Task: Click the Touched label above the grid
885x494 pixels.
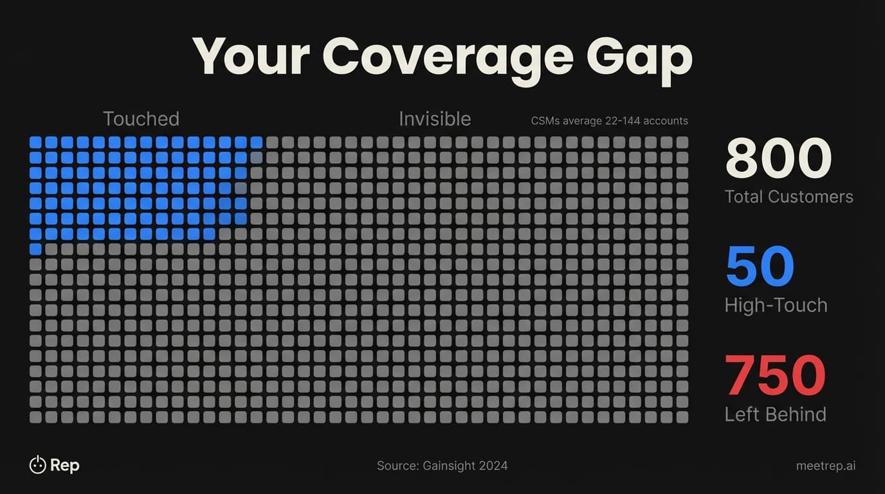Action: click(x=141, y=119)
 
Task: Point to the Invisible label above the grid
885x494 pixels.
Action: click(x=435, y=119)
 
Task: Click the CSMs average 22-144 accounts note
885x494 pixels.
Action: click(x=609, y=121)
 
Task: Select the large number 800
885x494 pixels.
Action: click(x=778, y=158)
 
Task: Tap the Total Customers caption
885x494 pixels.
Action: click(x=789, y=197)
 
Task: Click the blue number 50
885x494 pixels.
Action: click(x=760, y=267)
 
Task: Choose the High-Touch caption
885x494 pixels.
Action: click(x=776, y=305)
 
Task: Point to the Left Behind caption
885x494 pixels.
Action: click(x=775, y=414)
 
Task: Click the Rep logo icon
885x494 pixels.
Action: click(x=37, y=464)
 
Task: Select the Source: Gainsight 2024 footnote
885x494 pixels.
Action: click(x=442, y=466)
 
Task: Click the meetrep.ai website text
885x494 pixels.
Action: click(x=825, y=466)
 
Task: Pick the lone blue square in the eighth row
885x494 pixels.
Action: click(x=35, y=249)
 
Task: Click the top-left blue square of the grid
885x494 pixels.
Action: click(x=35, y=142)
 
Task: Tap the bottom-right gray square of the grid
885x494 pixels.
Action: click(x=682, y=417)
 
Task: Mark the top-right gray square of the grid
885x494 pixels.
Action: click(x=682, y=142)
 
